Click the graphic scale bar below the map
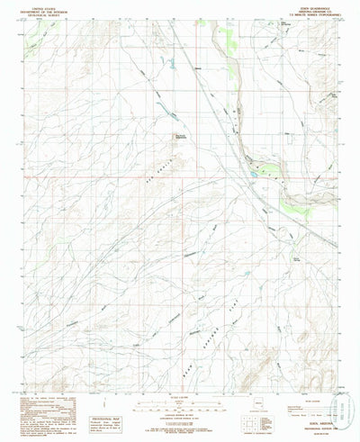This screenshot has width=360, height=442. pos(181,401)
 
